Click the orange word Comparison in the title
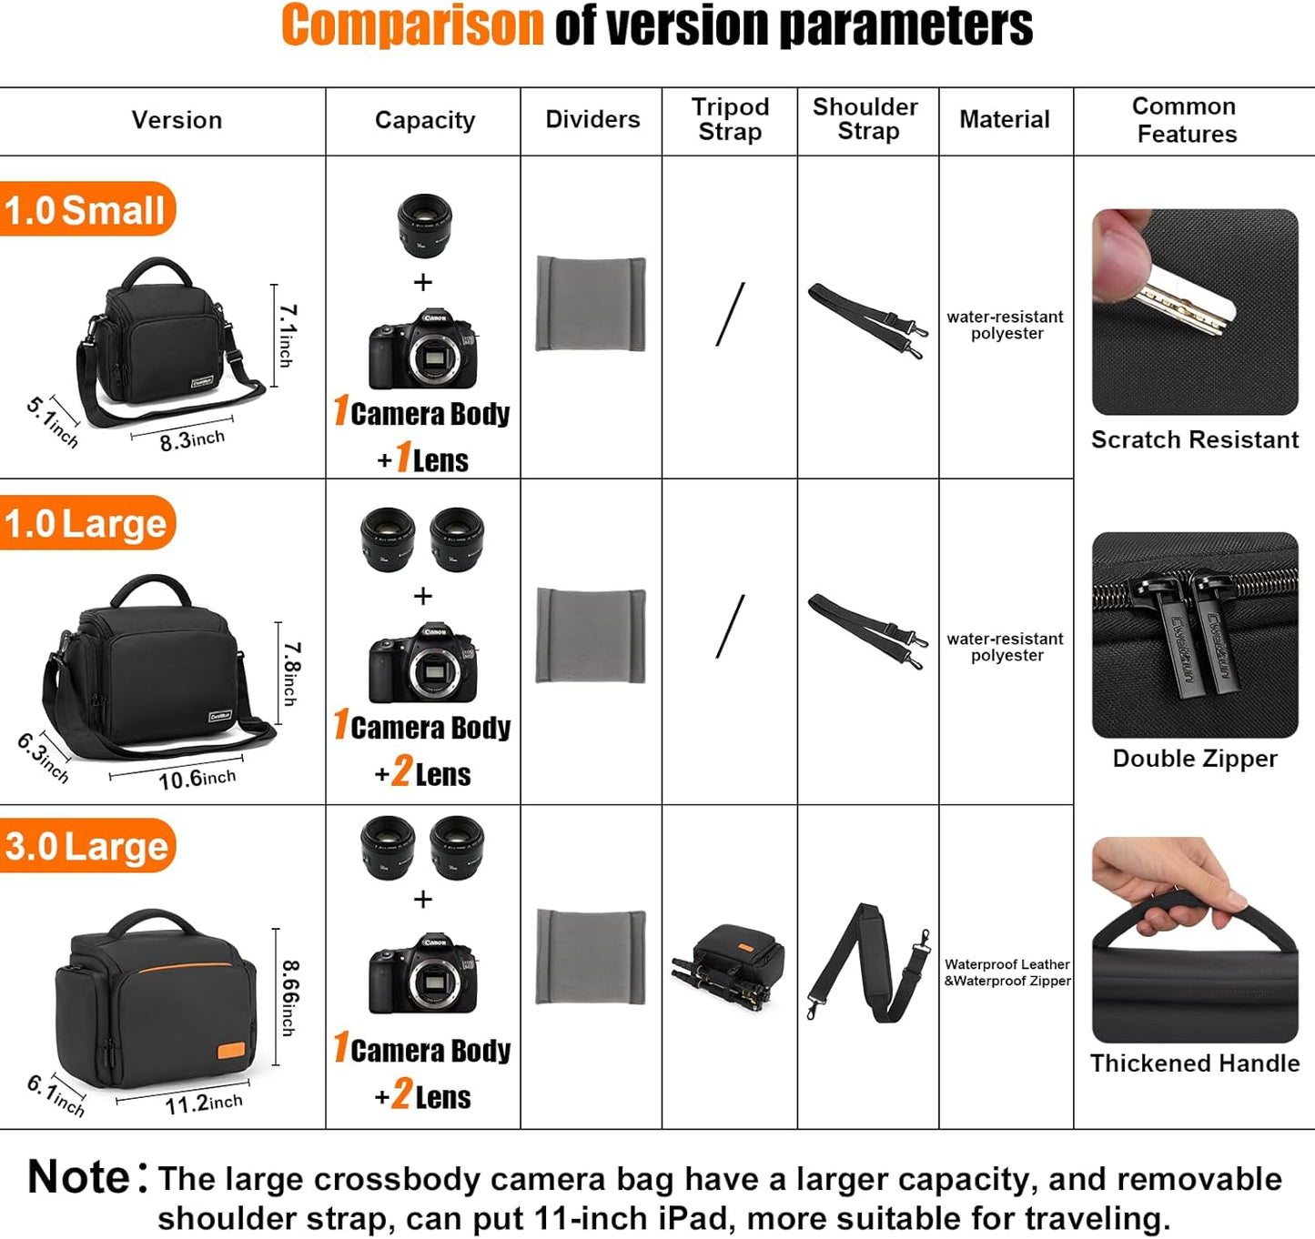412,25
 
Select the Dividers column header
592,119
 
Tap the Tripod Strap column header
730,119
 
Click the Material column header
1004,119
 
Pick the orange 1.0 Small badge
86,210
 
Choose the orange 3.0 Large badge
86,846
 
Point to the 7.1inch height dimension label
286,336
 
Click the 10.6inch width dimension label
197,779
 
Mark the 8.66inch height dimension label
288,998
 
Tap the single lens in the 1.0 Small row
424,226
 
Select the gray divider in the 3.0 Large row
591,957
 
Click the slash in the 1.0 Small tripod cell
730,314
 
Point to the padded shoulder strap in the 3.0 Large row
867,963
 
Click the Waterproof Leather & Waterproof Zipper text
1006,972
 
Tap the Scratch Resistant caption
1194,440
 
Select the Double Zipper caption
1194,759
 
